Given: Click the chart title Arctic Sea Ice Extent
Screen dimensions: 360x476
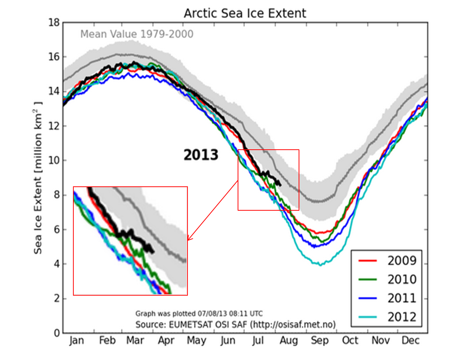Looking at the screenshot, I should [245, 13].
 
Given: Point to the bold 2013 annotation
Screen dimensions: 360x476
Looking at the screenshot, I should [201, 155].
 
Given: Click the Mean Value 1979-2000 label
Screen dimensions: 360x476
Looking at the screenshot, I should [137, 34].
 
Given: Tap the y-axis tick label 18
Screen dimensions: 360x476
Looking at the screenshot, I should [54, 23].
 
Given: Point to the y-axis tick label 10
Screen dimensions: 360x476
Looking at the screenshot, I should [54, 161].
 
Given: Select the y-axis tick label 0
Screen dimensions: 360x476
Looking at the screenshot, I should [57, 333].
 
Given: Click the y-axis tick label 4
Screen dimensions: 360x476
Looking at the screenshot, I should [57, 264].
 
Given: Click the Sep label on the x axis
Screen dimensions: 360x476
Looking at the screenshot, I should [320, 341].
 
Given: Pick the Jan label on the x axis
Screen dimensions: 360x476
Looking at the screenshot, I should [76, 341].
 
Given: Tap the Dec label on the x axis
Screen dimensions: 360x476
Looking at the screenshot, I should [411, 341].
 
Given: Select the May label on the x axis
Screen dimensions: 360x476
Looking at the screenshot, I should [196, 341].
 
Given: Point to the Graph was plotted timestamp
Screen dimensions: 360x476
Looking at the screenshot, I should [199, 314].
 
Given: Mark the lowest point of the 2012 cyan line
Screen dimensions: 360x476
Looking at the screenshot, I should [320, 265].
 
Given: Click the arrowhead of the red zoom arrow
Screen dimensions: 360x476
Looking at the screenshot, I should [188, 240].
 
